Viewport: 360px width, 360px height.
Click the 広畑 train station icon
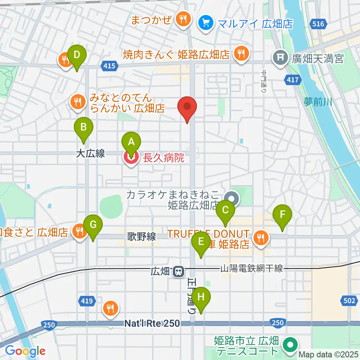(x=178, y=271)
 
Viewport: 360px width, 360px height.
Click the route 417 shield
(x=293, y=79)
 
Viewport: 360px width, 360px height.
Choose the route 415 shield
(x=109, y=66)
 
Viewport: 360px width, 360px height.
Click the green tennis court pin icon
(x=290, y=345)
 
